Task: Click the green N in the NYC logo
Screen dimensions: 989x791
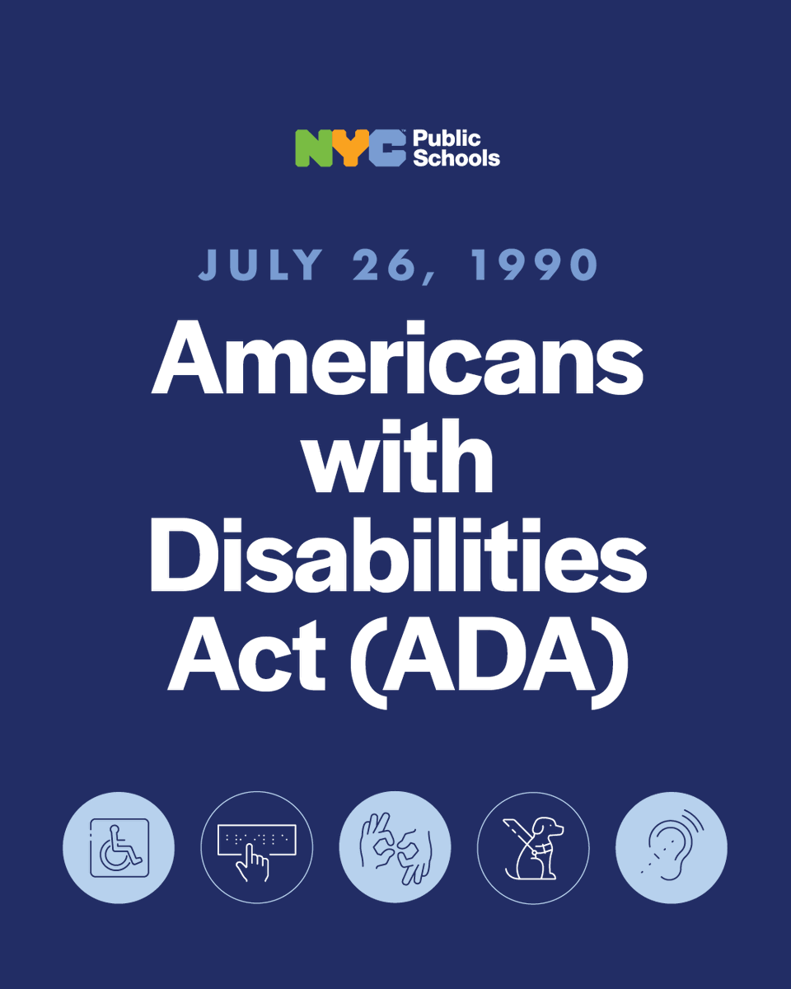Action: pos(314,148)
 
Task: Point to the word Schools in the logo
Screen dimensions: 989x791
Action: pos(456,157)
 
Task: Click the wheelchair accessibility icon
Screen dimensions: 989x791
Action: pos(119,847)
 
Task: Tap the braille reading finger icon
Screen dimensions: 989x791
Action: pos(257,847)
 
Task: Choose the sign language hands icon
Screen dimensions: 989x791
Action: pos(395,847)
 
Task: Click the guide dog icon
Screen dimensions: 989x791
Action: pos(533,847)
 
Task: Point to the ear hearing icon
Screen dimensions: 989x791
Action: pos(672,847)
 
